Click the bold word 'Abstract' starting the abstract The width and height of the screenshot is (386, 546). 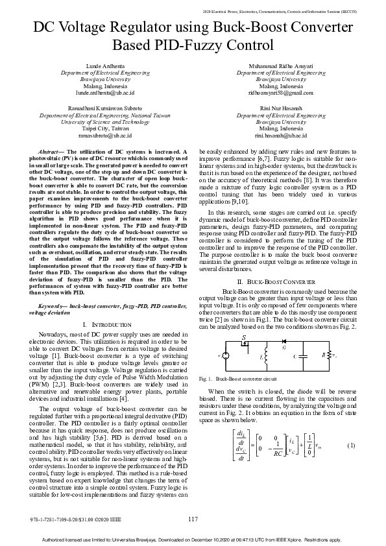click(51, 151)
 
